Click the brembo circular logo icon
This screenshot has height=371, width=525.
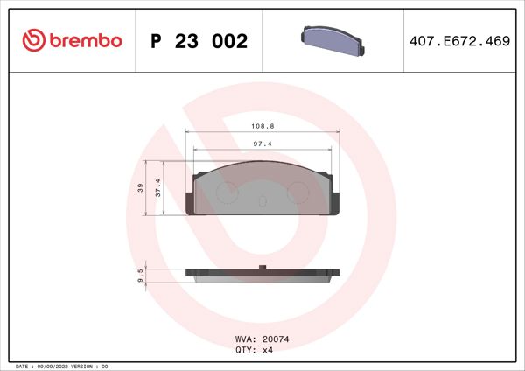[x=31, y=41]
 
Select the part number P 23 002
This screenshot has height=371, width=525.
[x=199, y=41]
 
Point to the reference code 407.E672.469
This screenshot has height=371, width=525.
[x=459, y=41]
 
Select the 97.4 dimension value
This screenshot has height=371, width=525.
[x=260, y=143]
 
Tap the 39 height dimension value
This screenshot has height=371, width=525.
[x=139, y=188]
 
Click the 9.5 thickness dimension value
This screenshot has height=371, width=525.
[x=141, y=275]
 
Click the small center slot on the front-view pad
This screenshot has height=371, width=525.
[x=261, y=201]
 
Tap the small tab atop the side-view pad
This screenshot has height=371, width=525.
[x=261, y=267]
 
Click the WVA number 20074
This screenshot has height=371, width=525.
[x=276, y=338]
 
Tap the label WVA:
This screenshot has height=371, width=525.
[x=246, y=338]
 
